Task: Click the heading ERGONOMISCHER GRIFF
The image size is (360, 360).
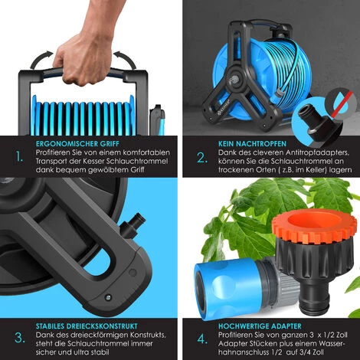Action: point(77,144)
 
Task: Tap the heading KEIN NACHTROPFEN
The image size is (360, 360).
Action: point(252,144)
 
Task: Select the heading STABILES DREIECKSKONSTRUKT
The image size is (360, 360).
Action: point(87,326)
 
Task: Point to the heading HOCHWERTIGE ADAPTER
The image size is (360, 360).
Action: point(260,326)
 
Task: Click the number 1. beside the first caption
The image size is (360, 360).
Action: point(19,157)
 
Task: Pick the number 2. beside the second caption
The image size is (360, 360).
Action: point(202,159)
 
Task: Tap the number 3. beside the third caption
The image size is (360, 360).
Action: point(20,338)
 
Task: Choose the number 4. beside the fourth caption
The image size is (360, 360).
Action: point(202,339)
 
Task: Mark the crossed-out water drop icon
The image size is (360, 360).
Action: point(341,105)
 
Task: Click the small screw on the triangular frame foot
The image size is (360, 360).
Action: point(108,297)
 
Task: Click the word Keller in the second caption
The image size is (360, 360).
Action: point(316,170)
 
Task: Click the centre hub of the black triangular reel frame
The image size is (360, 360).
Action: point(234,81)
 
